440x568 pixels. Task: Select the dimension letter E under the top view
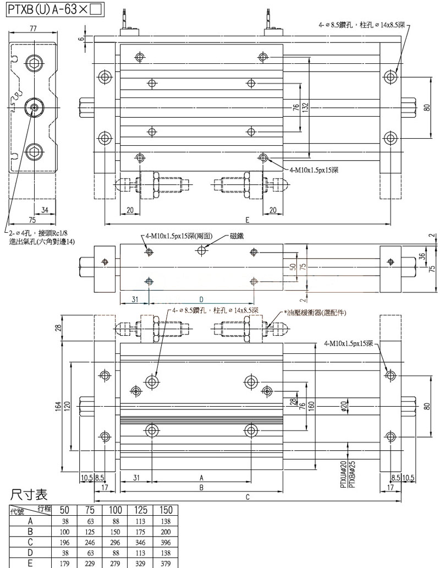[248, 220]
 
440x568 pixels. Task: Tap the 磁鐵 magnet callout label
[237, 236]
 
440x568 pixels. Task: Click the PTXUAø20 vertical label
[343, 474]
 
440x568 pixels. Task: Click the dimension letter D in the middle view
[201, 298]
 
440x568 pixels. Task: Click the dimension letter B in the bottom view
[201, 488]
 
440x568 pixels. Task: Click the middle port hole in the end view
[34, 107]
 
